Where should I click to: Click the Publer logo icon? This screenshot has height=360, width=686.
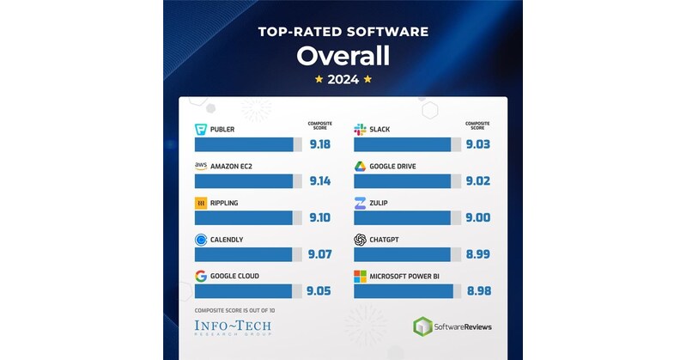click(x=201, y=130)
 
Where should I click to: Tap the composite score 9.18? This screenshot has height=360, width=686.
click(x=320, y=144)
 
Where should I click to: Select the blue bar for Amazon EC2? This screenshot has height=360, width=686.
click(x=244, y=181)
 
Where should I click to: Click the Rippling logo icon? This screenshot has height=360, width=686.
click(x=201, y=203)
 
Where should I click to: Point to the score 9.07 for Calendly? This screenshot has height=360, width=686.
click(x=320, y=254)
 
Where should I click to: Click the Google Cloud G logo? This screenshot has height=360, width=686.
click(x=201, y=276)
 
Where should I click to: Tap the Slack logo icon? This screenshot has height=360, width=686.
click(x=360, y=130)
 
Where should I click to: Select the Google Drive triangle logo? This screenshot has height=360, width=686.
click(x=360, y=166)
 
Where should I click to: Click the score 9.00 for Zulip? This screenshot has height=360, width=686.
click(x=478, y=218)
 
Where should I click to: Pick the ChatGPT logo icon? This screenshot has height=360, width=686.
click(x=360, y=239)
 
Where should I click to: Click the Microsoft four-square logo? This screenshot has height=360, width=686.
click(x=360, y=277)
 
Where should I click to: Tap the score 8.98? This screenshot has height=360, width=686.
click(x=478, y=291)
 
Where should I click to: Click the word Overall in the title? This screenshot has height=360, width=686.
click(x=343, y=57)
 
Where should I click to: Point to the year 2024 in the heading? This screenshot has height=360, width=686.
click(x=343, y=80)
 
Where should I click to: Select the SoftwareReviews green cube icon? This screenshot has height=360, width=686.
click(x=422, y=326)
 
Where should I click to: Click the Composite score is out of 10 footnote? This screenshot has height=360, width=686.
click(x=235, y=308)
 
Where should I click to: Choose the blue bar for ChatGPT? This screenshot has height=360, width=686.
click(x=403, y=254)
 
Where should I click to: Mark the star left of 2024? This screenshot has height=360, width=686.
click(x=319, y=80)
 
